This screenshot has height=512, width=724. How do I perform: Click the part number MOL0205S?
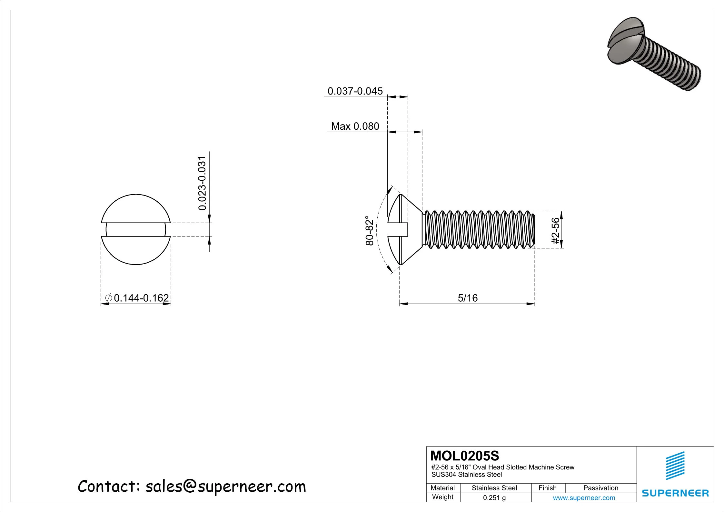click(x=465, y=456)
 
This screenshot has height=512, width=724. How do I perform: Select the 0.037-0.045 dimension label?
click(x=355, y=91)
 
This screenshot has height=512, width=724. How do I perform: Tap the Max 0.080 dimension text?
click(x=355, y=126)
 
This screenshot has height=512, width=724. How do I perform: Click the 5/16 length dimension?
click(x=468, y=298)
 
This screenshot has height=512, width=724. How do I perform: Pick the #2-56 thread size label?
click(x=555, y=230)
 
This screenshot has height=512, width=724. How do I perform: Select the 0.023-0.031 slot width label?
click(x=202, y=183)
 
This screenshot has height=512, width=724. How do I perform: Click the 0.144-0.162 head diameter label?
click(x=141, y=298)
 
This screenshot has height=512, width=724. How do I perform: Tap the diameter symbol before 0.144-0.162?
click(x=109, y=298)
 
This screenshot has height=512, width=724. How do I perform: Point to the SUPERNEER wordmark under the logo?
click(x=675, y=493)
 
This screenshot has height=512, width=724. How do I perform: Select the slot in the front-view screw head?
click(x=136, y=229)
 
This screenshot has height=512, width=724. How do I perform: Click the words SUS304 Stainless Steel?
click(x=466, y=475)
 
